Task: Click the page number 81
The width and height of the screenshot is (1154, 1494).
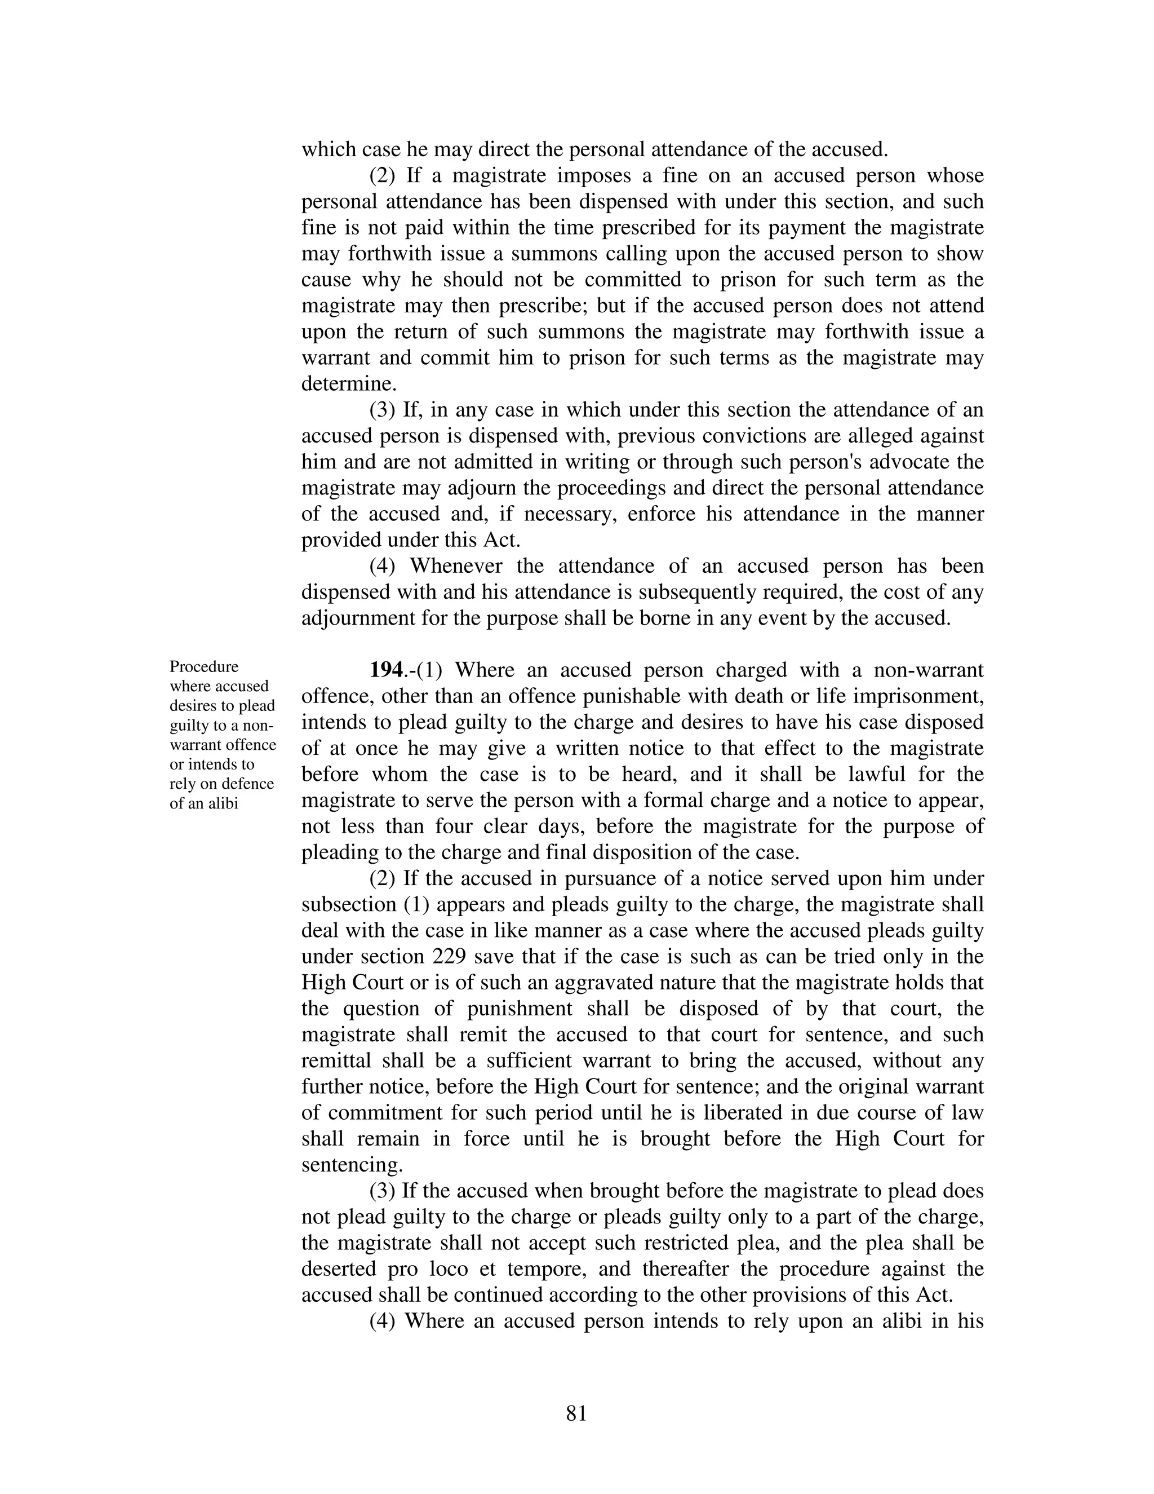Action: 576,1414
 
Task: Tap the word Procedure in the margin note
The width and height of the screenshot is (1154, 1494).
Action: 204,666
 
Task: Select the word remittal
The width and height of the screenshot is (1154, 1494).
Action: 336,1061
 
